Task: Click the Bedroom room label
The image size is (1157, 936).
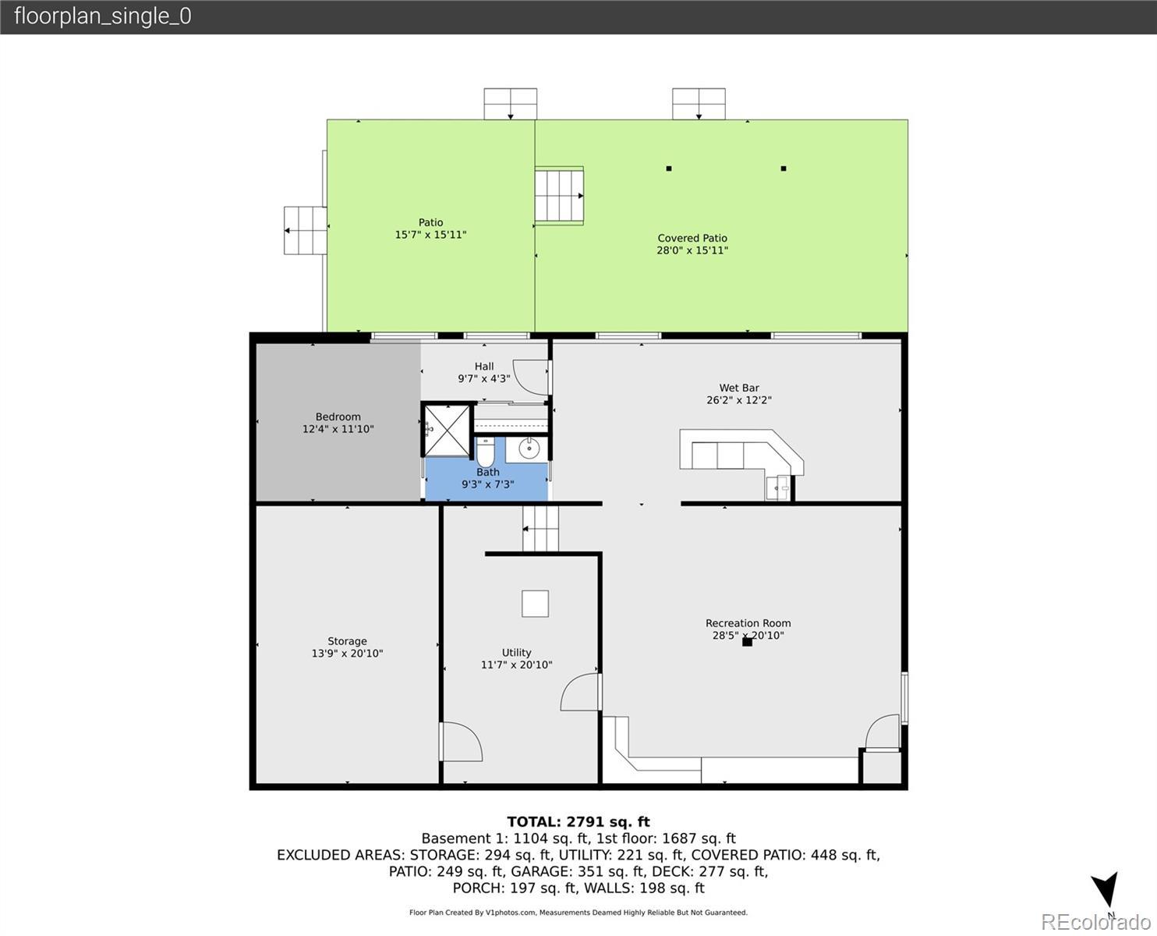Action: tap(338, 417)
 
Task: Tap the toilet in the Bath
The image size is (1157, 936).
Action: tap(485, 451)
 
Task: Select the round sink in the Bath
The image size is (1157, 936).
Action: tap(528, 448)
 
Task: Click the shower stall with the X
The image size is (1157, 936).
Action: tap(447, 431)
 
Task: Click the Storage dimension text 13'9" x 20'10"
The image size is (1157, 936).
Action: tap(347, 653)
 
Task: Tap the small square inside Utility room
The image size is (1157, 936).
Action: tap(535, 604)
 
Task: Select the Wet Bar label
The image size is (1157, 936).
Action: tap(739, 388)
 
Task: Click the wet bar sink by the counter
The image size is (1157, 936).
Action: tap(778, 487)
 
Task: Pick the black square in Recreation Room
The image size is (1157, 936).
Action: tap(748, 642)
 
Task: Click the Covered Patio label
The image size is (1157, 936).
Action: tap(692, 238)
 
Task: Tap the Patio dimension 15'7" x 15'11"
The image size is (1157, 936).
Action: tap(430, 235)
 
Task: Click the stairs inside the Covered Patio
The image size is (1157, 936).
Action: tap(559, 196)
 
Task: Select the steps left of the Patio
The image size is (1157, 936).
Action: tap(306, 230)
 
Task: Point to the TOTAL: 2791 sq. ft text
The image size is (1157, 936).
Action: tap(578, 822)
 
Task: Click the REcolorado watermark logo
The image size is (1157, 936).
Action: tap(1095, 922)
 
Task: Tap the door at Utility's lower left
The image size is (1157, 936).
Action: tap(461, 742)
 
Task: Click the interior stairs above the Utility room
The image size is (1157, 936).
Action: tap(540, 529)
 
